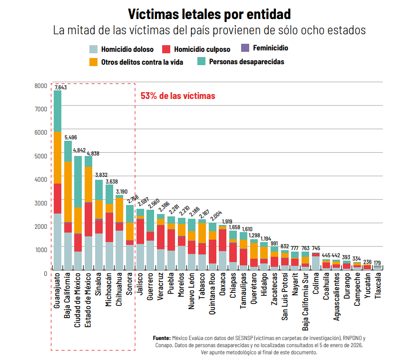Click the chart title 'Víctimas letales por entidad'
(209, 14)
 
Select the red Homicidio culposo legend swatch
(166, 49)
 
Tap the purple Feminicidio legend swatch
(245, 48)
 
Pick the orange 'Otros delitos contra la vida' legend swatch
(94, 62)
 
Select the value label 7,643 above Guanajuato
(60, 87)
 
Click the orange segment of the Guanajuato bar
(58, 157)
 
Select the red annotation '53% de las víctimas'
(178, 96)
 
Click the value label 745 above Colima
(316, 248)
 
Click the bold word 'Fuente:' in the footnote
(162, 338)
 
